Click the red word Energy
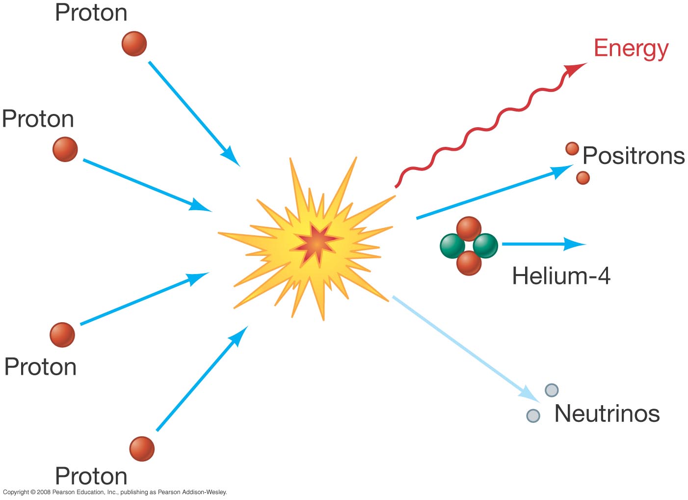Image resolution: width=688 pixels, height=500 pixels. pyautogui.click(x=631, y=49)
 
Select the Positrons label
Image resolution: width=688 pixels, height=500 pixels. pyautogui.click(x=633, y=156)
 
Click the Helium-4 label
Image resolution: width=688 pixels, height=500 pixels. pyautogui.click(x=561, y=276)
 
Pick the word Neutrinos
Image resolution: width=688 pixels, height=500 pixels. pyautogui.click(x=607, y=414)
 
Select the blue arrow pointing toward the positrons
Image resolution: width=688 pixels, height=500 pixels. pyautogui.click(x=491, y=193)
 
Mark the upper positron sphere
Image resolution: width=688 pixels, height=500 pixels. pyautogui.click(x=572, y=148)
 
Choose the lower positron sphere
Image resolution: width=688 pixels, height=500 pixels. pyautogui.click(x=582, y=178)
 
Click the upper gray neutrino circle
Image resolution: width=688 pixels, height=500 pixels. pyautogui.click(x=552, y=390)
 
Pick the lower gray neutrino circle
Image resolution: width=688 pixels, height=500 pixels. pyautogui.click(x=533, y=416)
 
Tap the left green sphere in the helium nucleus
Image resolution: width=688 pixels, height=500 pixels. pyautogui.click(x=452, y=246)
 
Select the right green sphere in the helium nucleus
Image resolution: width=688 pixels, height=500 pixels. pyautogui.click(x=486, y=246)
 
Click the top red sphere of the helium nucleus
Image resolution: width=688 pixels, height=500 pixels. pyautogui.click(x=469, y=229)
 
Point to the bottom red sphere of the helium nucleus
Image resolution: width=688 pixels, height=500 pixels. pyautogui.click(x=469, y=263)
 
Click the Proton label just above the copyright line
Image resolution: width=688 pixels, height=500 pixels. pyautogui.click(x=91, y=476)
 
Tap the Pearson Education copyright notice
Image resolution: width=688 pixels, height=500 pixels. pyautogui.click(x=115, y=492)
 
